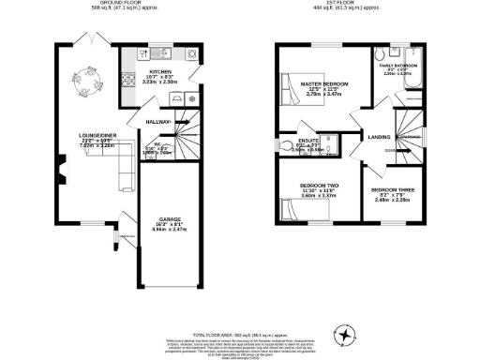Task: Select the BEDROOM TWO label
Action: pos(319,186)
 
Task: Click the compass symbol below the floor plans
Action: pos(346,334)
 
